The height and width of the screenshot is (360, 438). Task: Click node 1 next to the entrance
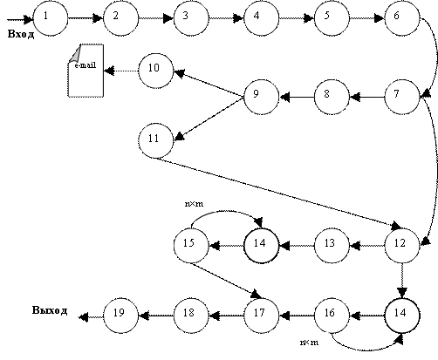[51, 18]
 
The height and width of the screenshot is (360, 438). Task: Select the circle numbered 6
[402, 18]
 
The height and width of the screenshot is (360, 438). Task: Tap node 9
[262, 97]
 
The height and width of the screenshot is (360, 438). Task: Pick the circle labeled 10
[156, 71]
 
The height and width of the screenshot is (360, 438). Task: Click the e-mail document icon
[86, 71]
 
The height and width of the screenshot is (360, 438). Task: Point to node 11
[156, 140]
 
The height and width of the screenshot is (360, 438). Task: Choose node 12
[402, 246]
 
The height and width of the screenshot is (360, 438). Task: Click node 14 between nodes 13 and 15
[262, 246]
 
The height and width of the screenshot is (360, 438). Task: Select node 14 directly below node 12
[402, 316]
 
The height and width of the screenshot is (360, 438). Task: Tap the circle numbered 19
[120, 316]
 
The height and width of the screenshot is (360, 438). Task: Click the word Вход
[21, 34]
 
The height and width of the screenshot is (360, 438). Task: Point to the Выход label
[50, 310]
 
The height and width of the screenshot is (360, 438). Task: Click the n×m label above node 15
[194, 204]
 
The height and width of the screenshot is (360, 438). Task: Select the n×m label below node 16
[309, 343]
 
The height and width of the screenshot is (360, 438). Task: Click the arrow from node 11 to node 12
[279, 194]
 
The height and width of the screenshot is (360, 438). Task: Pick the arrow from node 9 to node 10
[209, 84]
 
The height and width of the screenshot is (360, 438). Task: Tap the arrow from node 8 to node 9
[297, 97]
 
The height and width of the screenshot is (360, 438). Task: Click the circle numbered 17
[262, 316]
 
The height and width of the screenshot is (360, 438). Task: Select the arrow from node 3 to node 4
[226, 18]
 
